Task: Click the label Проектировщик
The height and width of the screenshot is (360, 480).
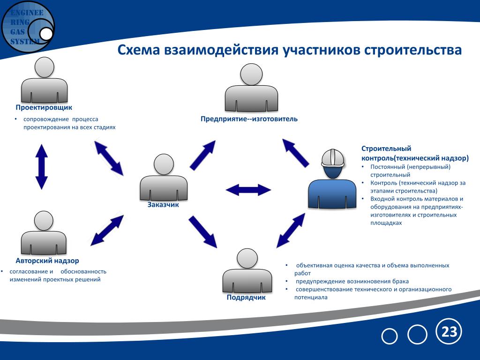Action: coord(44,108)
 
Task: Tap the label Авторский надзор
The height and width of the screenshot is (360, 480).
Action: coord(47,261)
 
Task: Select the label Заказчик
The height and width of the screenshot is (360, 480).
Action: coord(163,205)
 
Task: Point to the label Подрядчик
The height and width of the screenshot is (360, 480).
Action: coord(246,298)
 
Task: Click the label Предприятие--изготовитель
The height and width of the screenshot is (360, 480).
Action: coord(249,119)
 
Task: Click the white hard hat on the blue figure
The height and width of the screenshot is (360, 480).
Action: coord(333,158)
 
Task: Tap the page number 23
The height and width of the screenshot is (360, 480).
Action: coord(449,332)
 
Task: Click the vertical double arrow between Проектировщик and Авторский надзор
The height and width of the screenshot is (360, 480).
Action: coord(42,167)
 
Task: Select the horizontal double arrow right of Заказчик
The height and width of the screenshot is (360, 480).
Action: coord(248,190)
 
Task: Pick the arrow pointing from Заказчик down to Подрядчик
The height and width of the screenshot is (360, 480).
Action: coord(202,232)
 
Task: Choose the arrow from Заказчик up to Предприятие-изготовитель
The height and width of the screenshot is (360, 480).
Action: coord(202,155)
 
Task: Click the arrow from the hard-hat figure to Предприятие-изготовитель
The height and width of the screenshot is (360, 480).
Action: coord(295,153)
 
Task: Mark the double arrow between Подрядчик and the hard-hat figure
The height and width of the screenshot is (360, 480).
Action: coord(291,231)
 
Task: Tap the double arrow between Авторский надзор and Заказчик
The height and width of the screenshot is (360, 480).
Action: coord(107,230)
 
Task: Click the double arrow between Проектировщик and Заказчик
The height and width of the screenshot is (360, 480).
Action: coord(109,158)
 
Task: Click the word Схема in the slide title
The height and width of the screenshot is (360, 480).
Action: coord(139,50)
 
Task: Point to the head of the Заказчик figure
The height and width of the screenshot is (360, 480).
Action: coord(164,165)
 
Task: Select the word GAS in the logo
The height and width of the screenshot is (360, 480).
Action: coord(17,32)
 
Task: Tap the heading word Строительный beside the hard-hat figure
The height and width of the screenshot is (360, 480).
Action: coord(386,149)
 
